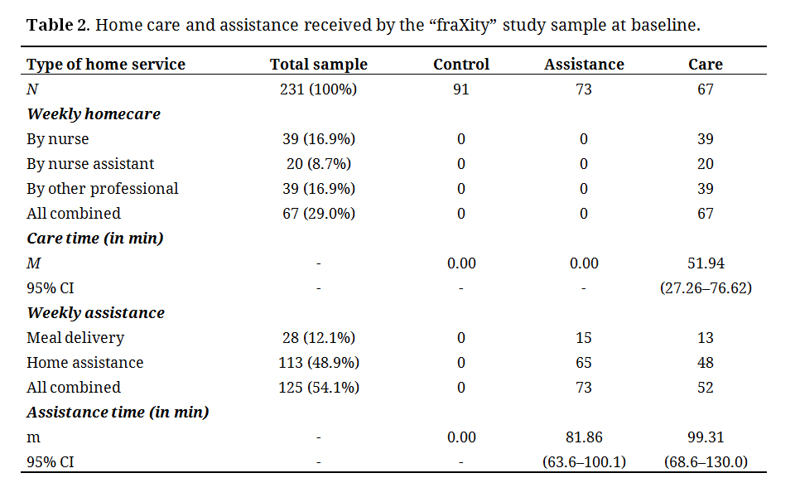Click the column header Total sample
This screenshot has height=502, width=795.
318,65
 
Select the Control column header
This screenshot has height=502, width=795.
461,65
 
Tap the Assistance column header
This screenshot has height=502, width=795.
584,65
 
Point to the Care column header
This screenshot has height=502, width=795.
706,65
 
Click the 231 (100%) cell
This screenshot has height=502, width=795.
318,89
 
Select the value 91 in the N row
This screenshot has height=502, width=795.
461,89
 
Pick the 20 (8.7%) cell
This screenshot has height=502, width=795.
318,164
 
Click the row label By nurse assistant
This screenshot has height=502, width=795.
90,164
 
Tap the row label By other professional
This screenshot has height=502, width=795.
103,189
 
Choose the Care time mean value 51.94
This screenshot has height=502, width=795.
706,263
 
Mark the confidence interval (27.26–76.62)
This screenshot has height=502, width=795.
706,288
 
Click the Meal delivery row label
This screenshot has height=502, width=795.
75,338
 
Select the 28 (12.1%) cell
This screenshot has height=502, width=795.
318,338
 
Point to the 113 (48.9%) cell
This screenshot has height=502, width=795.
318,363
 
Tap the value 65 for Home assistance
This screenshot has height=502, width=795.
584,363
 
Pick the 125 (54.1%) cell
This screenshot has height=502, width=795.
318,388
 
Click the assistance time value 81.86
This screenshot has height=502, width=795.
584,437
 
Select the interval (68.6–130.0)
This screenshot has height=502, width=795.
706,462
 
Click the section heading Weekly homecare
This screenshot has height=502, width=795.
94,114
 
